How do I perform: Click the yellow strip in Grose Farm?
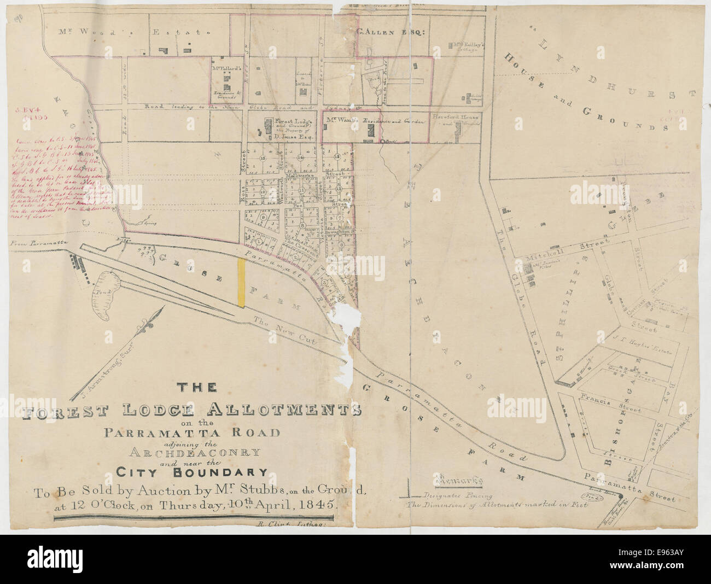click(x=241, y=283)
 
